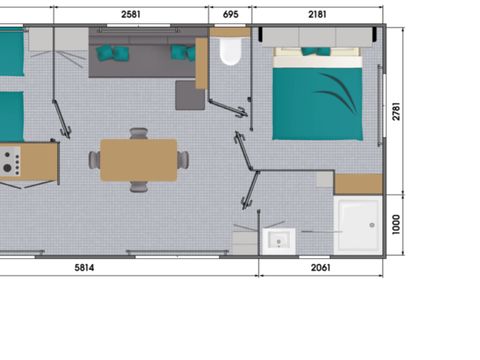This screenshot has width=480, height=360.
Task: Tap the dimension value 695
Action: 230,15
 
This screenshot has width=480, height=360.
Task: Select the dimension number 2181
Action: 314,15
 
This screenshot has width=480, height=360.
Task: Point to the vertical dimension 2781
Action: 396,112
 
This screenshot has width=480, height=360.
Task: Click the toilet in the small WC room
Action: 231,51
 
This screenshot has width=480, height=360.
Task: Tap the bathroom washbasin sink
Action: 277,240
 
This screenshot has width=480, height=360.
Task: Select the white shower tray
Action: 357,224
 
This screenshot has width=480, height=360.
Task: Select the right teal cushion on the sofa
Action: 181,52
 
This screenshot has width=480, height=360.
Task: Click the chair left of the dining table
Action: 94,160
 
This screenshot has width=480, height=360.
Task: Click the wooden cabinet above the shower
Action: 357,184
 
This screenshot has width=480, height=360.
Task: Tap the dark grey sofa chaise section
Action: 189,95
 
